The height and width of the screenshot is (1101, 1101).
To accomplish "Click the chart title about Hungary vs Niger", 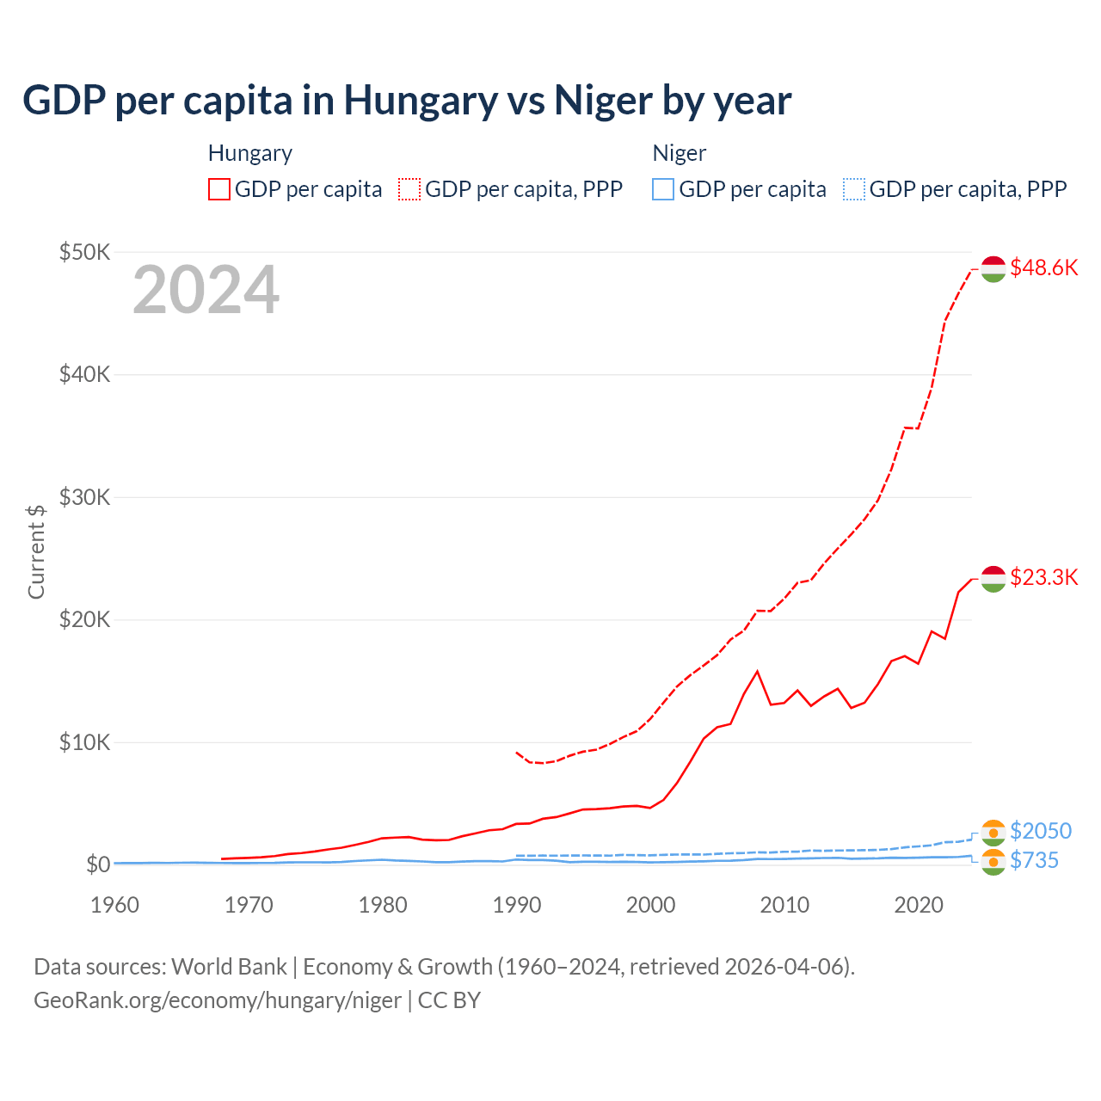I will (x=406, y=101).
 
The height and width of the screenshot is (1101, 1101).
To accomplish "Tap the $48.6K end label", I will (x=1043, y=268).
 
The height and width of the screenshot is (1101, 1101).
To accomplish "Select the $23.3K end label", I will (x=1043, y=576).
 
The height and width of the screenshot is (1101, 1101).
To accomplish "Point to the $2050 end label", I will (x=1040, y=831).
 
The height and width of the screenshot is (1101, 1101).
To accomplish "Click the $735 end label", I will (x=1034, y=860).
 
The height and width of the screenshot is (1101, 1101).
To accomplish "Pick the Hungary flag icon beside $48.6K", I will (x=993, y=268).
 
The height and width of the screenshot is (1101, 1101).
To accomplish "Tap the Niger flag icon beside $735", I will (x=993, y=862).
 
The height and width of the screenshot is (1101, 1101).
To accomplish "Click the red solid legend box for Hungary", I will (x=219, y=189).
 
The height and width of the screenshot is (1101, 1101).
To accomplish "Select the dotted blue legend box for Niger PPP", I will (x=854, y=189).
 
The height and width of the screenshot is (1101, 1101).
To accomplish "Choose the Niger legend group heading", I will (x=679, y=153).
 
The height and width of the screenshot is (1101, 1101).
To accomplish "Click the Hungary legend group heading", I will (x=249, y=153).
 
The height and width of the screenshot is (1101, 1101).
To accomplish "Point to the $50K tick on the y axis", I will (x=84, y=252).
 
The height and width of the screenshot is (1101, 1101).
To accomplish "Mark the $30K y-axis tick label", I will (x=84, y=497).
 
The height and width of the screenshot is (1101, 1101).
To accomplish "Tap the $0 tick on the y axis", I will (x=97, y=864).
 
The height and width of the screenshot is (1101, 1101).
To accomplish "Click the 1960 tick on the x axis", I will (x=114, y=905).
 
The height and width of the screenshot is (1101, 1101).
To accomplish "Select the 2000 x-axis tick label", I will (x=650, y=905).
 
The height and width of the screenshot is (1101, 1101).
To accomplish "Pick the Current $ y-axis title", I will (x=36, y=551).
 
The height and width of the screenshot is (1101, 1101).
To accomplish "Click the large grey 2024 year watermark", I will (x=206, y=291).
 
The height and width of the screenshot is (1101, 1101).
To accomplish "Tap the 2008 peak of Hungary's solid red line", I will (x=757, y=671).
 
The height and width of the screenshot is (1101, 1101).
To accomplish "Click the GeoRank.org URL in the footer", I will (x=218, y=1000).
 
